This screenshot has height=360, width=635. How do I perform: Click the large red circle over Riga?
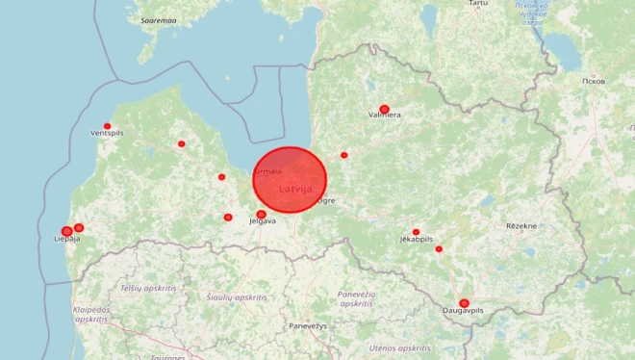(x=290, y=180)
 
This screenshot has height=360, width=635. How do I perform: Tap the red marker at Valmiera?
(x=384, y=109)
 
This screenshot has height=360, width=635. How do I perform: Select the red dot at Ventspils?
(x=107, y=126)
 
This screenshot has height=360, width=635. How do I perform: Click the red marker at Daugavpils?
(x=464, y=303)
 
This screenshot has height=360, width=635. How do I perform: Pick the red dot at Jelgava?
(x=261, y=214)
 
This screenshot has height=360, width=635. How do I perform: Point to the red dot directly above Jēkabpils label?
(x=416, y=232)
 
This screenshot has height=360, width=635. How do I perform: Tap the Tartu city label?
(x=477, y=4)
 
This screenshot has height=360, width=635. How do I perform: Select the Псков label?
(x=594, y=81)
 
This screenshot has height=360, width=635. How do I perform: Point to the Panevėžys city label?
(x=308, y=326)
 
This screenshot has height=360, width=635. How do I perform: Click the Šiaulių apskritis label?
(x=238, y=297)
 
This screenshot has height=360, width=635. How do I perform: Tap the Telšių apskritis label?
(x=148, y=288)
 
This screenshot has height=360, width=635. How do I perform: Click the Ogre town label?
(x=326, y=201)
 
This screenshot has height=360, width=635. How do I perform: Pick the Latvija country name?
(x=295, y=189)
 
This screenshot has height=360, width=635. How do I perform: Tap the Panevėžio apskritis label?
(x=356, y=298)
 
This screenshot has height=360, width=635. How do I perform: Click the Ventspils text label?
(x=107, y=134)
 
